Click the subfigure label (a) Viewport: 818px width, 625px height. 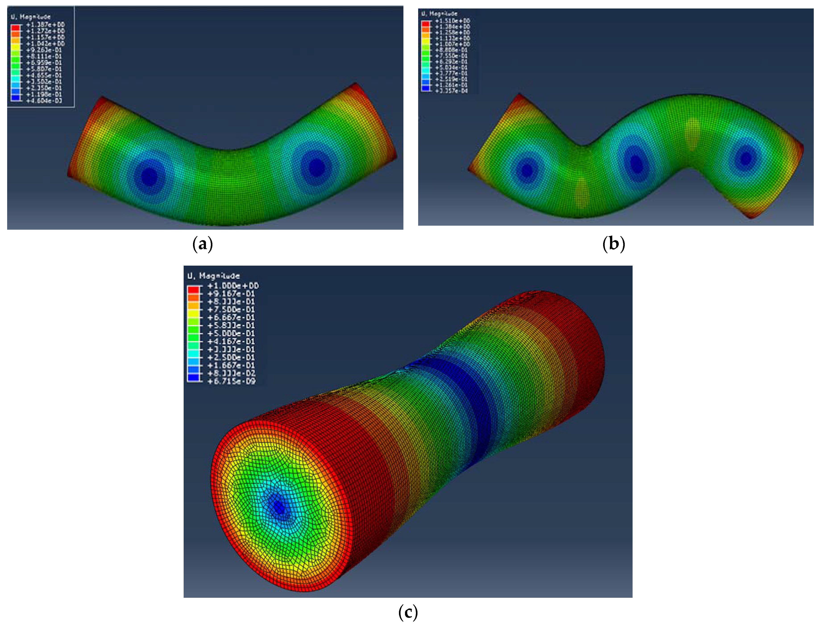pyautogui.click(x=203, y=244)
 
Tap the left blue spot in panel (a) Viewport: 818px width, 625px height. pyautogui.click(x=149, y=176)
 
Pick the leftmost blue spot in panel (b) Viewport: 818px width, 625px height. pyautogui.click(x=527, y=170)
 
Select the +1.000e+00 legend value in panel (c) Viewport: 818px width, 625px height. pyautogui.click(x=233, y=286)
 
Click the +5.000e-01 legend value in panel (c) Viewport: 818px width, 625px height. pyautogui.click(x=231, y=333)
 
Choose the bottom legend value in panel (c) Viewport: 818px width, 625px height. pyautogui.click(x=231, y=381)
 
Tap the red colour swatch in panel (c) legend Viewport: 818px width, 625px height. pyautogui.click(x=193, y=289)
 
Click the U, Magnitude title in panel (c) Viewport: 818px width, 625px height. pyautogui.click(x=213, y=276)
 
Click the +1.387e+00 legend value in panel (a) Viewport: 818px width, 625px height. pyautogui.click(x=45, y=25)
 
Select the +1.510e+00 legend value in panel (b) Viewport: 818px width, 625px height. pyautogui.click(x=452, y=21)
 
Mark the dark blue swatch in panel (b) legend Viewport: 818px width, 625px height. pyautogui.click(x=425, y=88)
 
